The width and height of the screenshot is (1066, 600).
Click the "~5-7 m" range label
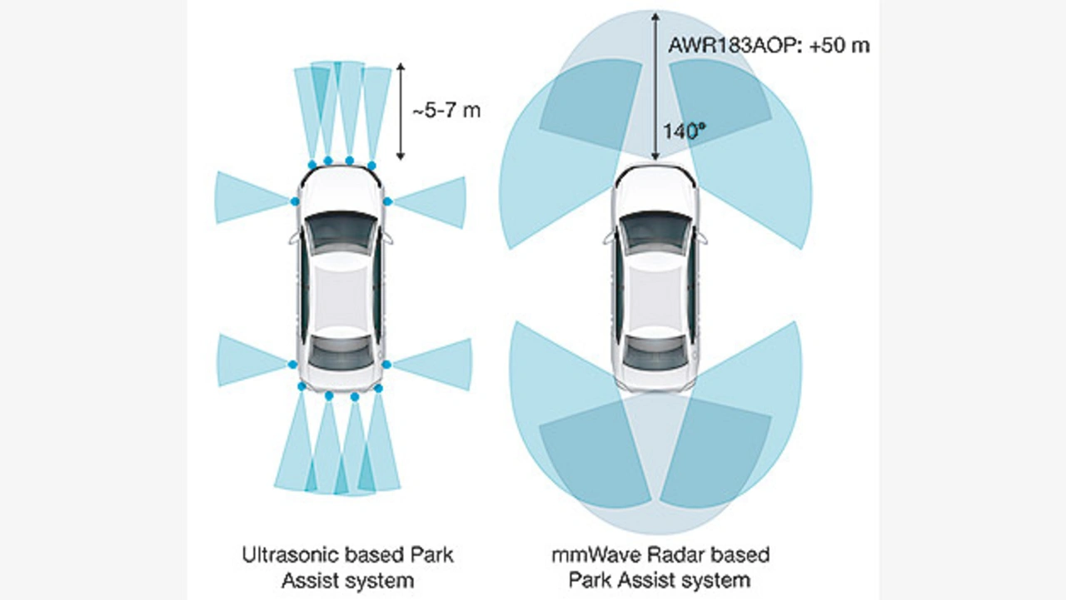pyautogui.click(x=446, y=110)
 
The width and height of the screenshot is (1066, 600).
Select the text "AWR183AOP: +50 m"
pyautogui.click(x=769, y=45)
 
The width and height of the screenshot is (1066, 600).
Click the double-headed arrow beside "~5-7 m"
pyautogui.click(x=401, y=111)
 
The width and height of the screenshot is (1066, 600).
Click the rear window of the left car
pyautogui.click(x=340, y=351)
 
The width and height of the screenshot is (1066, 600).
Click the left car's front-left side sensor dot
pyautogui.click(x=294, y=201)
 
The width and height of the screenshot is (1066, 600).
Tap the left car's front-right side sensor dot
pyautogui.click(x=387, y=201)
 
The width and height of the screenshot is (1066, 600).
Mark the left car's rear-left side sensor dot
pyautogui.click(x=292, y=364)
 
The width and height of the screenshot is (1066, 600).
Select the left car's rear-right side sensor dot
pyautogui.click(x=387, y=364)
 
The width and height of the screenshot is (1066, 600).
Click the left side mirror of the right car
pyautogui.click(x=609, y=238)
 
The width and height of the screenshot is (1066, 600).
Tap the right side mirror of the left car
pyautogui.click(x=389, y=238)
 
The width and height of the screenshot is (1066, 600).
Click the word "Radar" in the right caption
pyautogui.click(x=666, y=553)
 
